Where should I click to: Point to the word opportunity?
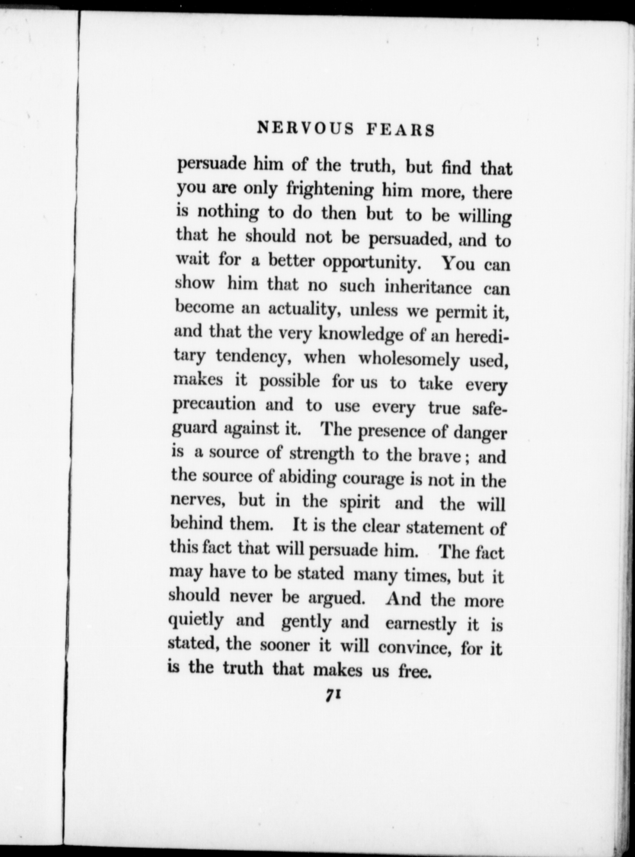(371, 264)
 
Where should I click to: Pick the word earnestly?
(421, 624)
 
